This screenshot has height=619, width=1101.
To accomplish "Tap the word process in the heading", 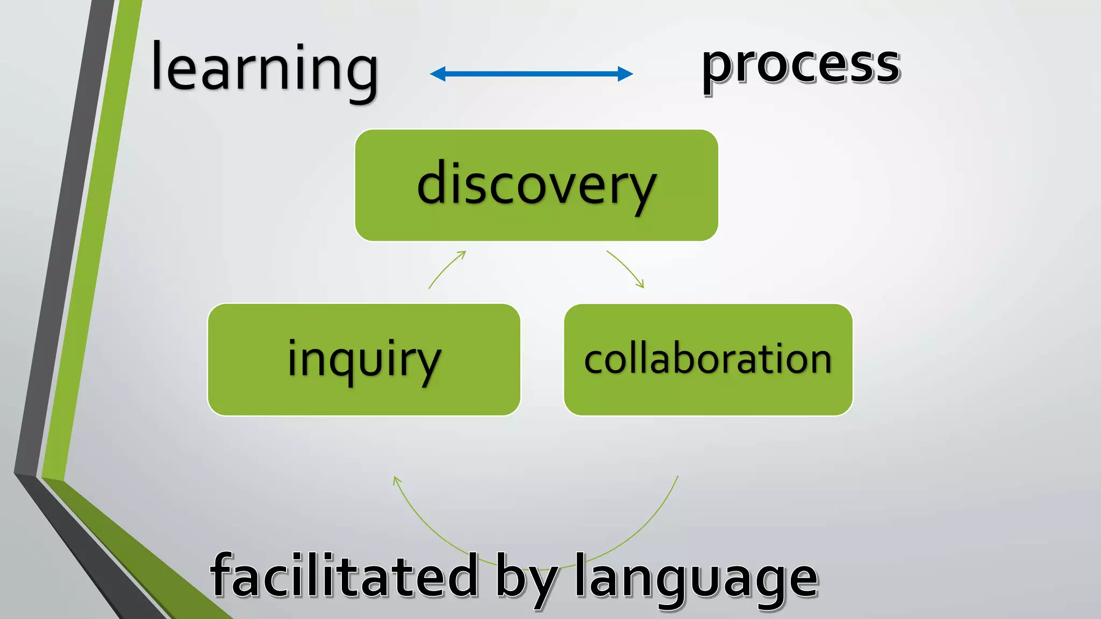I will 800,66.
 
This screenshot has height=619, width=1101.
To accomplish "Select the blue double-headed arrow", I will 531,74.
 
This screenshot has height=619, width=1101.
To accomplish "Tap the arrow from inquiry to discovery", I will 446,269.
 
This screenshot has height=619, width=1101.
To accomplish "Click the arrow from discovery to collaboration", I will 626,268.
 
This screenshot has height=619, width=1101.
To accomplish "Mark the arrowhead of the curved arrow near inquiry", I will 396,479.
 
